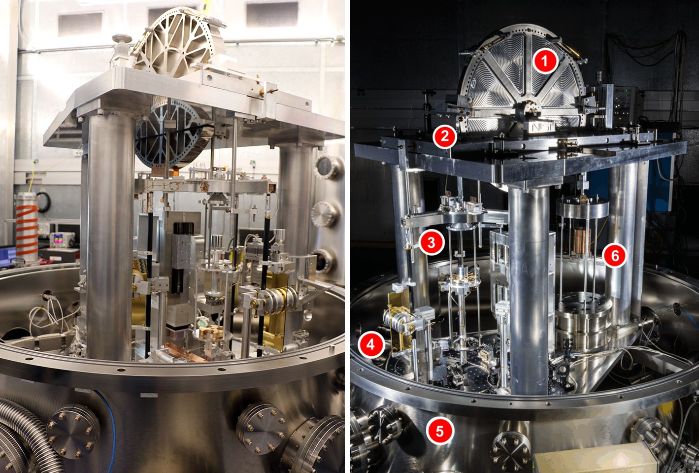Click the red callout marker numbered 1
click(x=544, y=61)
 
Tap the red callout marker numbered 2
click(x=445, y=136)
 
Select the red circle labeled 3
click(x=431, y=242)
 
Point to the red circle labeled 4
click(x=370, y=345)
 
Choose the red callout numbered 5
click(x=439, y=431)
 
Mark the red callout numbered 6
click(x=615, y=256)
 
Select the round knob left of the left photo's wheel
click(x=121, y=39)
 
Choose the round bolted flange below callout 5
click(x=510, y=451)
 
